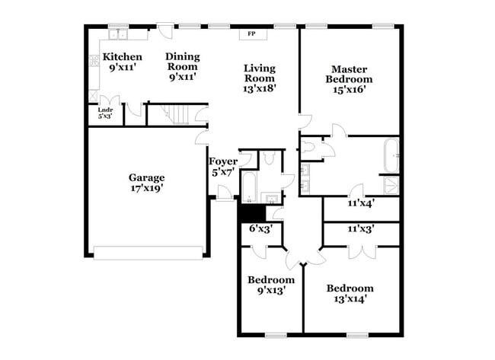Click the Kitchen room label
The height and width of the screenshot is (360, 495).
point(123,57)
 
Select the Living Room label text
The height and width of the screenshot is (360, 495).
point(260,73)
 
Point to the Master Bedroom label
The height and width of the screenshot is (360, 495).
point(349,74)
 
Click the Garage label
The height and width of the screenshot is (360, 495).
point(146,177)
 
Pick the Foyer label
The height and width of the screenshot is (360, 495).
point(223,161)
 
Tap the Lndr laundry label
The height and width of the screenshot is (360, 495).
point(105,110)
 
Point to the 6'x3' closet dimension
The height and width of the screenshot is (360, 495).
point(260,228)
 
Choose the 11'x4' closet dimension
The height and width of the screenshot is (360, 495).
point(362,204)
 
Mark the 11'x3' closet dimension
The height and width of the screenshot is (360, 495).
point(362,228)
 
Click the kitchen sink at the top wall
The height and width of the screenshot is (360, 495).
point(118,33)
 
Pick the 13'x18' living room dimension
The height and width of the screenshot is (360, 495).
point(260,88)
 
